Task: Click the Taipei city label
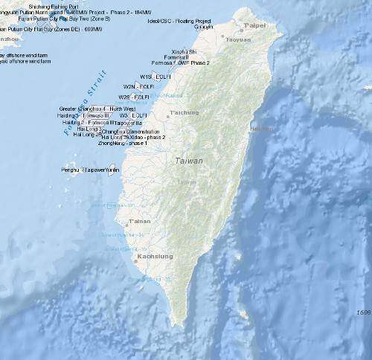[x=255, y=25]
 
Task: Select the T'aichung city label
[x=185, y=112]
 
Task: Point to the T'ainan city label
[x=139, y=222]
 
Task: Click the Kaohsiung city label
[x=155, y=257]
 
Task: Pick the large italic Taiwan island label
[x=189, y=161]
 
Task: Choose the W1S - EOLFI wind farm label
[x=156, y=76]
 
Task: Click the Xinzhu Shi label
[x=183, y=51]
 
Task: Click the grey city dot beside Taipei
[x=243, y=25]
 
